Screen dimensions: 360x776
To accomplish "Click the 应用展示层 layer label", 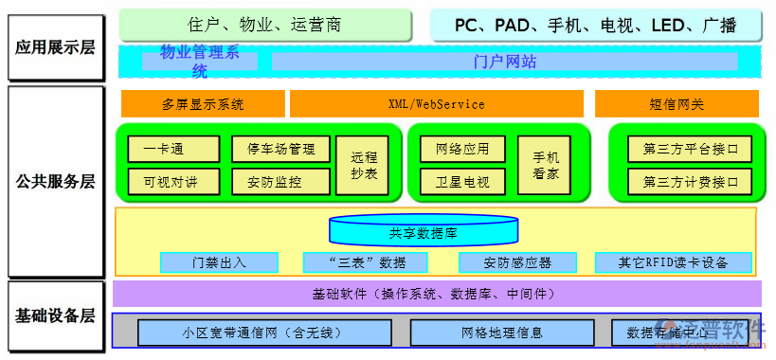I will click(x=55, y=45).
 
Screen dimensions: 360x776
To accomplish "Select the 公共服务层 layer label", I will click(x=55, y=181).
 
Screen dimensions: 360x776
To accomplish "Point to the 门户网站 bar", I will click(x=504, y=62).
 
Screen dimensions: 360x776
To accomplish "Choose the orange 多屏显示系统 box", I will click(x=203, y=104).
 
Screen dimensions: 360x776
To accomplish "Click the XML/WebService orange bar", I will click(x=436, y=104).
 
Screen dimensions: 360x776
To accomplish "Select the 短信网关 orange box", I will click(x=677, y=104).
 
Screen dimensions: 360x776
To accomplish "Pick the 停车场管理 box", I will click(x=280, y=149).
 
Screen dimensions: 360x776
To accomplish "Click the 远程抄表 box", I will click(x=363, y=166).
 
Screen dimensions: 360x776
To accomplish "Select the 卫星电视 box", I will click(x=462, y=181).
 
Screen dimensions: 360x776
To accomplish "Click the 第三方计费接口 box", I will click(x=690, y=181).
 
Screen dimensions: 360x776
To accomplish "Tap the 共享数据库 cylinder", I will click(x=423, y=231).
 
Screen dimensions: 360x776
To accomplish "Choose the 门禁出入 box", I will click(x=219, y=262).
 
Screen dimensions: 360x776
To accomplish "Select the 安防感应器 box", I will click(x=517, y=262).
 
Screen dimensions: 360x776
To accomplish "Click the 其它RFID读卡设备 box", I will click(x=674, y=262).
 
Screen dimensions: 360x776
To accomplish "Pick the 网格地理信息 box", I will click(x=502, y=333).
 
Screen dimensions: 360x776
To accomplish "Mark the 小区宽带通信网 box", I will click(x=264, y=333).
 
